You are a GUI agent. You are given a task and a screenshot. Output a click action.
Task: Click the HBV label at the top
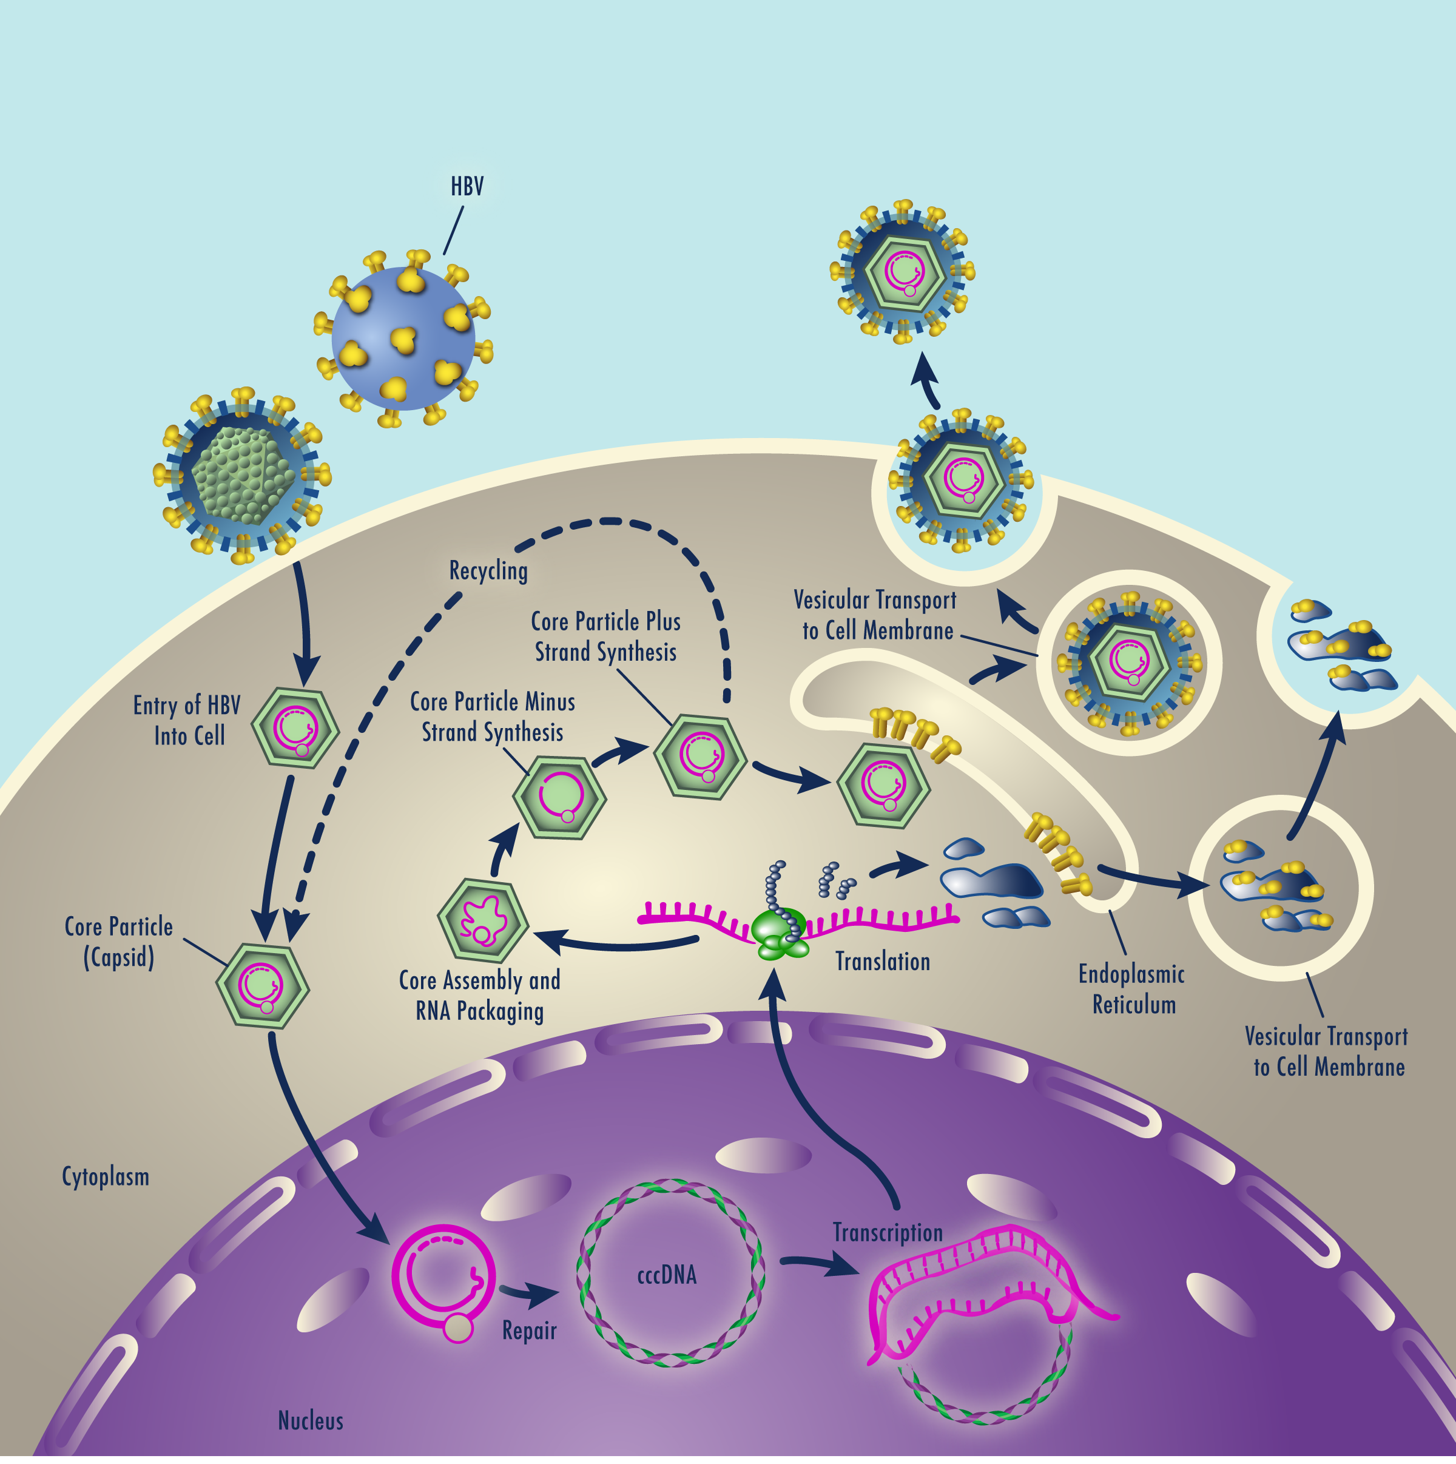pos(467,186)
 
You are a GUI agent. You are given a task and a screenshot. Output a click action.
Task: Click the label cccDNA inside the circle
pos(667,1275)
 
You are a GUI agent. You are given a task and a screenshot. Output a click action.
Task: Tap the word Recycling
pos(488,570)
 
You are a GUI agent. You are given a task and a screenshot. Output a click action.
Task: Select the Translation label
pos(883,962)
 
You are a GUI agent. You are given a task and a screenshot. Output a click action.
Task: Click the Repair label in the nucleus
pos(529,1331)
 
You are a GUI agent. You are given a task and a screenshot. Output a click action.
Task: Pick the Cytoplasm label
pos(106,1177)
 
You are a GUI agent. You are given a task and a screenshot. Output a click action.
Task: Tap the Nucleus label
pos(311,1420)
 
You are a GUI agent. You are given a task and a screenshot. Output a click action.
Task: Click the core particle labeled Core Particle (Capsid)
pos(262,986)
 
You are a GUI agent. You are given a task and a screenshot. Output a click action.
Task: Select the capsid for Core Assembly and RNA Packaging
pos(482,920)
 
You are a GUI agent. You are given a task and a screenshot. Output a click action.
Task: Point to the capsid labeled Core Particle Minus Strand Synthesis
pos(559,797)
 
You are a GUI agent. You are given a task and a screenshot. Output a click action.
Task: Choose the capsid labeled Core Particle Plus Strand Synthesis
pos(700,755)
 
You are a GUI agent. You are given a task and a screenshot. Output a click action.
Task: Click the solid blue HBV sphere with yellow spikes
pos(403,339)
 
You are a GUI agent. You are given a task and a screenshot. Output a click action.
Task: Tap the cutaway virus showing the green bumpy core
pos(241,475)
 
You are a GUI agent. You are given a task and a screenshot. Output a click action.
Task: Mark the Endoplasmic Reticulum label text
pos(1133,990)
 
